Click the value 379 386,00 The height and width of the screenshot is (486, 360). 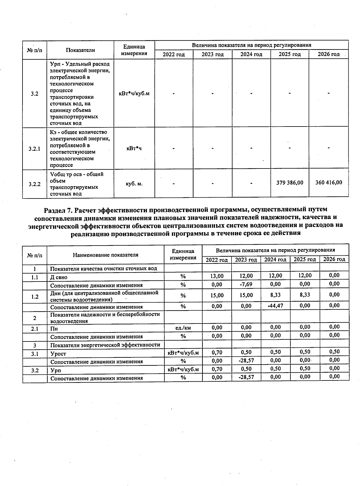tap(289, 183)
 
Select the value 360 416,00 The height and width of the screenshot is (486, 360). tap(328, 183)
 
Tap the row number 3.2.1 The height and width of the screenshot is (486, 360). tap(34, 148)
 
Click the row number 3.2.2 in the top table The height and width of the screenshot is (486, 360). tap(34, 184)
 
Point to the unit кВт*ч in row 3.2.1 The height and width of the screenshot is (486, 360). tap(134, 148)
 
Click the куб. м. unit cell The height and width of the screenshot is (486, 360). tap(134, 184)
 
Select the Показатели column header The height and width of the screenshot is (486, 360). tap(80, 50)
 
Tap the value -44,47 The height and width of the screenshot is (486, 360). tap(275, 306)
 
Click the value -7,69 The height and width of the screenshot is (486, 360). tap(246, 284)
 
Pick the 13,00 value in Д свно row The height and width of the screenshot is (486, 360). tap(217, 276)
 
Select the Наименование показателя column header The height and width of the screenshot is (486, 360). tap(106, 255)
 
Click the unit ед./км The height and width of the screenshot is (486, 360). tap(183, 328)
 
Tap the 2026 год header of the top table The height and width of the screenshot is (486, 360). tap(328, 54)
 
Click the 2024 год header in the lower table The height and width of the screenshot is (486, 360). tap(275, 259)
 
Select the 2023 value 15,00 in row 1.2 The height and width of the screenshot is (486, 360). tap(246, 295)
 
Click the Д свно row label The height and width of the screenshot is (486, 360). tap(59, 277)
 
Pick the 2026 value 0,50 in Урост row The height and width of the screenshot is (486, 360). tap(334, 351)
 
